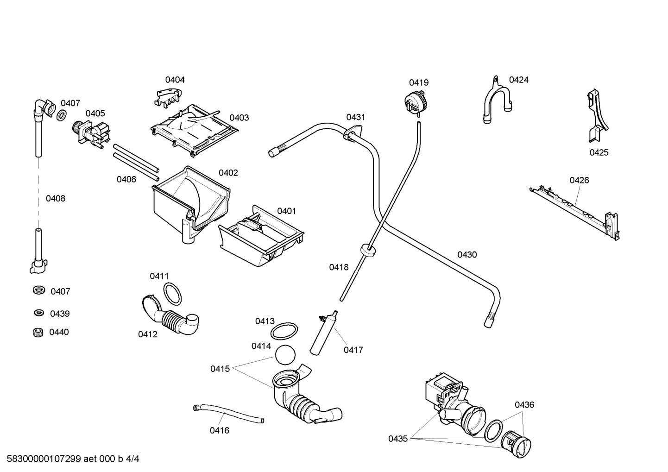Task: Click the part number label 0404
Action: [175, 80]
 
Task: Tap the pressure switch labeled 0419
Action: [415, 101]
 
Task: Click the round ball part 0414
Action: [285, 356]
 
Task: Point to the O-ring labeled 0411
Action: [172, 293]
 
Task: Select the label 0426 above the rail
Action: [579, 180]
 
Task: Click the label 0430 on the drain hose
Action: [466, 254]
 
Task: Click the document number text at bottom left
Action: [70, 459]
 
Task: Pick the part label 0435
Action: [398, 438]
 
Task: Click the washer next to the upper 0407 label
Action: [61, 115]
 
